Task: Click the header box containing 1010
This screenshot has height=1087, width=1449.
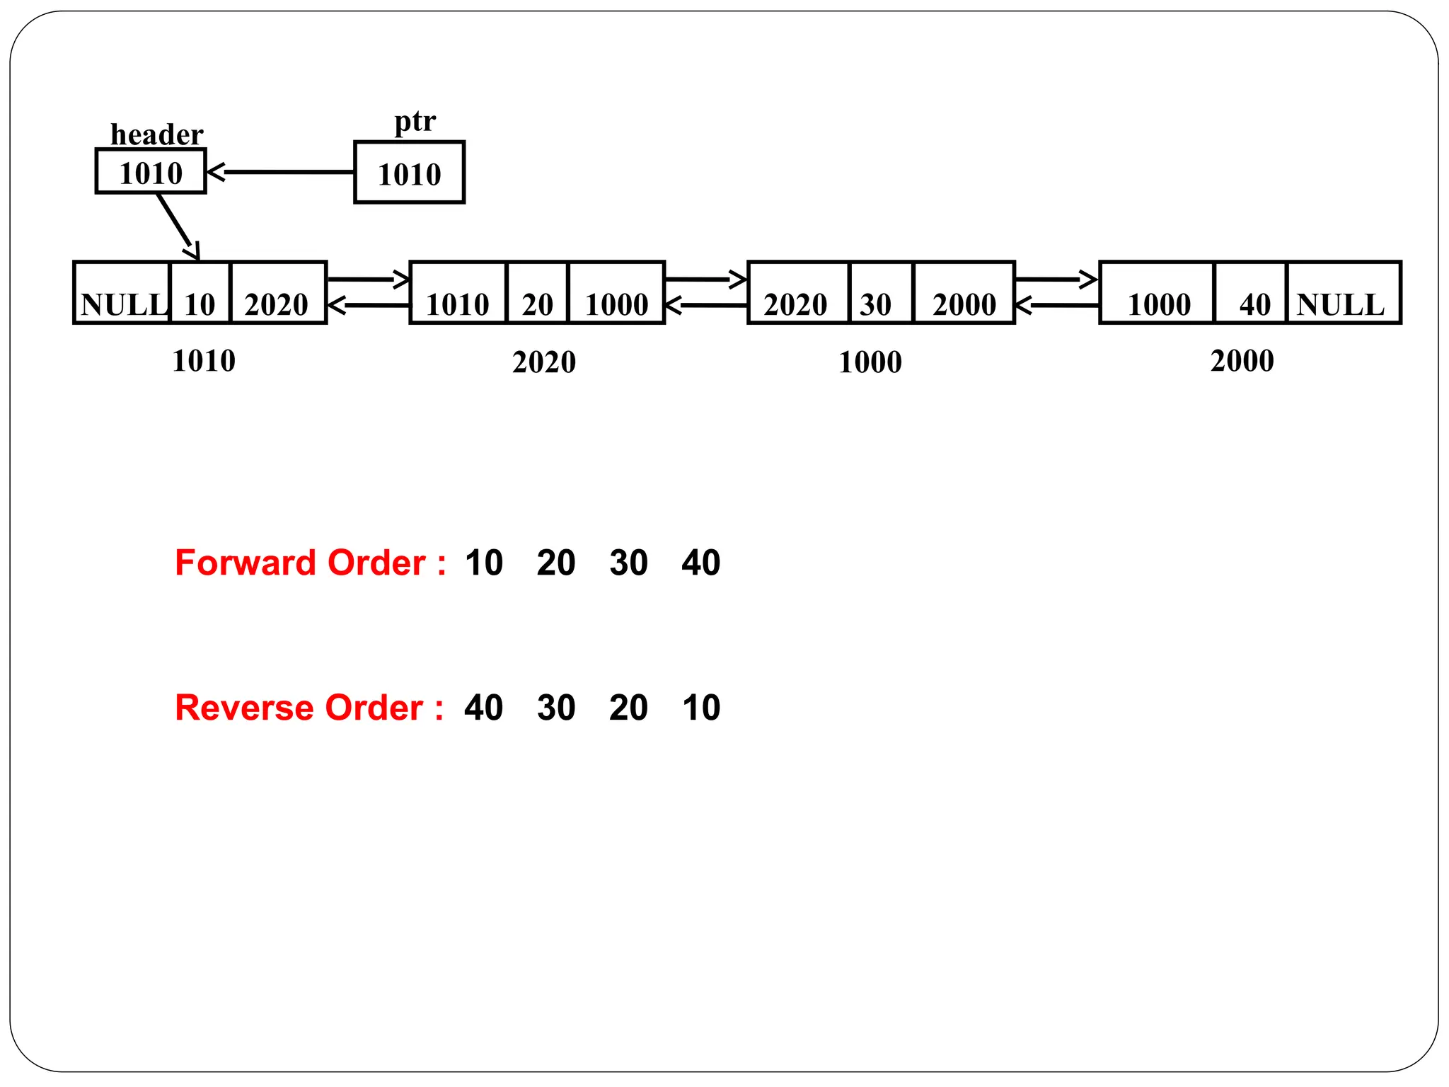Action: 151,171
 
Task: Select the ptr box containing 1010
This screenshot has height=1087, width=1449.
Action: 409,173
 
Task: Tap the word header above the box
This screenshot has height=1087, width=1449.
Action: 156,134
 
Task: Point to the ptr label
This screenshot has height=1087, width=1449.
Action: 415,121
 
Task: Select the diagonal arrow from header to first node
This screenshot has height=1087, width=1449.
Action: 178,226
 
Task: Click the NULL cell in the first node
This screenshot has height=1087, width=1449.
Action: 122,293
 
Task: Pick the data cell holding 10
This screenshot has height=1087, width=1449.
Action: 200,293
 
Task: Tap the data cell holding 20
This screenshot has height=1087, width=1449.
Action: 538,293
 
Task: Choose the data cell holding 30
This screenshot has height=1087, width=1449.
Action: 880,293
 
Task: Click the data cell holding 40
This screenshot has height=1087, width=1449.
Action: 1251,293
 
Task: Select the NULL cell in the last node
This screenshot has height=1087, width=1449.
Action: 1343,293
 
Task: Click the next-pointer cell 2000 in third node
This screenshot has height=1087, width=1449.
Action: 964,293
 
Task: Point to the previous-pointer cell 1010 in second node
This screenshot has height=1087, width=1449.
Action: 458,293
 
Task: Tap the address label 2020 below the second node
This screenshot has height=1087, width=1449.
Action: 544,362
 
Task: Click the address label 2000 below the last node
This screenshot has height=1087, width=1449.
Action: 1242,361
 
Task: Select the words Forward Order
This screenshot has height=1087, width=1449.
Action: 300,563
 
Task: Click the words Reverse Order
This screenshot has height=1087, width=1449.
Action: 299,708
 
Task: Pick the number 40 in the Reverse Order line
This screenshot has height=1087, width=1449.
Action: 484,708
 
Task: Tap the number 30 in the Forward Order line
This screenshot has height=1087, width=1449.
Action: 628,563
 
